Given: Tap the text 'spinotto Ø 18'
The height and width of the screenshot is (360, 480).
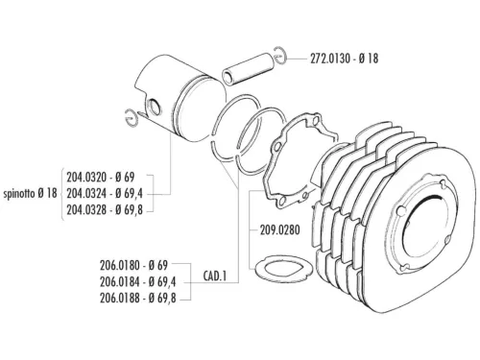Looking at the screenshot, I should [x=31, y=193].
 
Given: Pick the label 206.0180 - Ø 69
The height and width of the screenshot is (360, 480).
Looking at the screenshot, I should [x=133, y=264].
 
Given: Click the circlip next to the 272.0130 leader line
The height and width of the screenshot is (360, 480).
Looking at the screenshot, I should [x=279, y=56].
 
